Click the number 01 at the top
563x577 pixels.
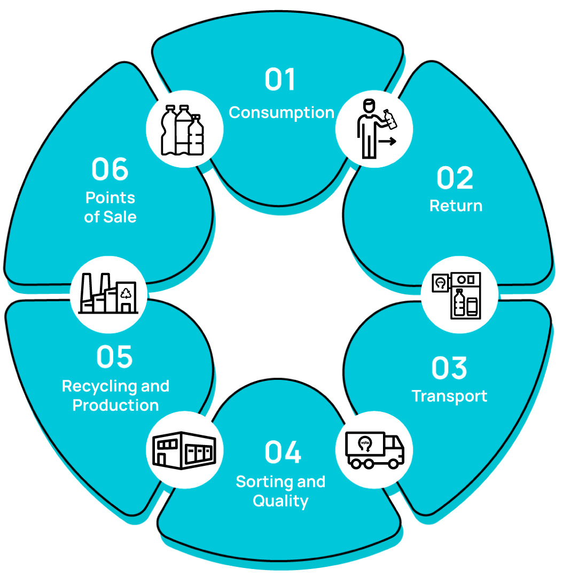280,80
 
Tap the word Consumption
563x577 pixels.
281,113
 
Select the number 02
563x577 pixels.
455,178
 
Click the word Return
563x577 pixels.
456,206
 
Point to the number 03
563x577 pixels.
449,368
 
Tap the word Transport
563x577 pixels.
449,396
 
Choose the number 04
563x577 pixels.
283,453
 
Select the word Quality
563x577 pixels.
280,501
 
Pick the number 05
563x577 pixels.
115,357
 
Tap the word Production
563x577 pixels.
115,405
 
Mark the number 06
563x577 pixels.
110,169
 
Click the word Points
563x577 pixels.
110,198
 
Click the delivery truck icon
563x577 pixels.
374,450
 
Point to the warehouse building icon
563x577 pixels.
184,450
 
